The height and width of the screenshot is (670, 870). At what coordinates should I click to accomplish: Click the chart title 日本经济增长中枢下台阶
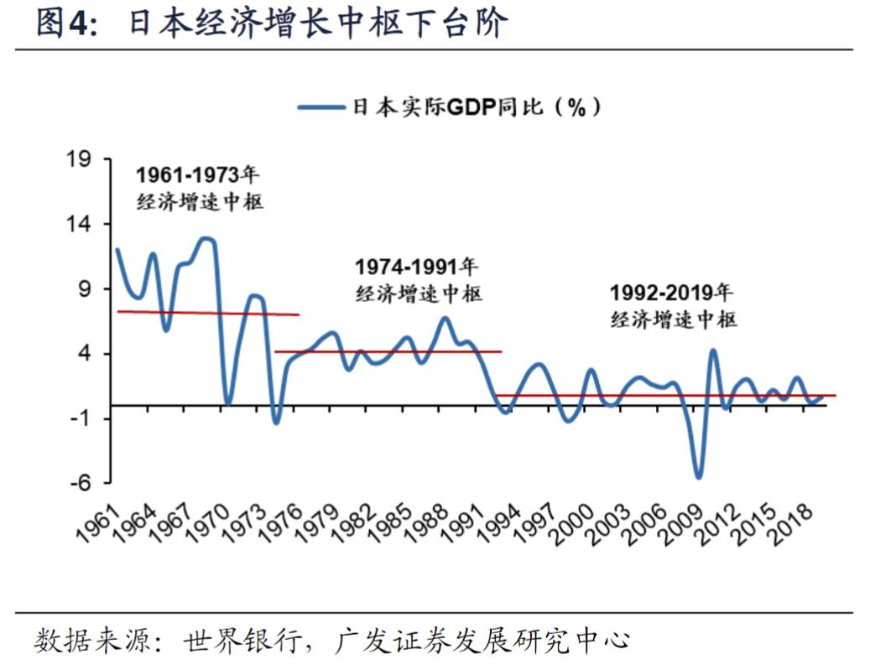pos(319,24)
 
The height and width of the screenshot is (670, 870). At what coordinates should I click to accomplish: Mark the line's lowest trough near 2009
pos(698,477)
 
